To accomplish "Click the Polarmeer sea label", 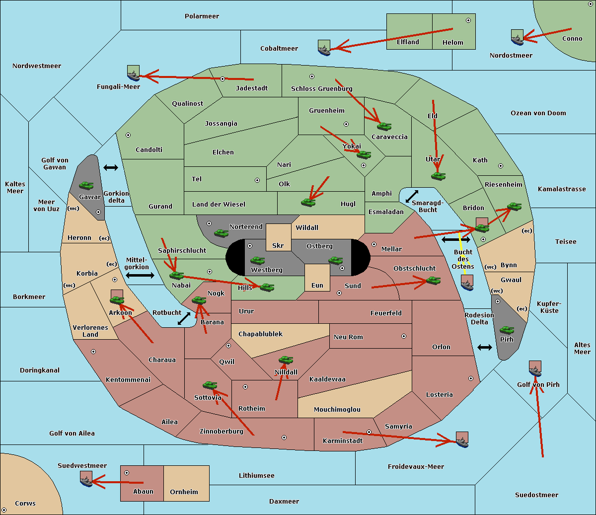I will (x=202, y=16).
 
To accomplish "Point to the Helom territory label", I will (x=452, y=43).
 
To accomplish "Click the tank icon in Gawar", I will (x=86, y=185).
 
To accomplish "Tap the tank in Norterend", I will (x=221, y=233).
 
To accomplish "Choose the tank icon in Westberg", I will (x=257, y=260).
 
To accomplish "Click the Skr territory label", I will (x=278, y=246).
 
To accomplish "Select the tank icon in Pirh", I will (x=507, y=330).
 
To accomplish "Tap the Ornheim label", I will (x=184, y=492).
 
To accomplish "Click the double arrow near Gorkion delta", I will (x=111, y=168).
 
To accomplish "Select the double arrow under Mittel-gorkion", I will (x=140, y=275).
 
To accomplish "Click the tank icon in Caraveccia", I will (x=384, y=126).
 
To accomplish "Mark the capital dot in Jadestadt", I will (x=223, y=79).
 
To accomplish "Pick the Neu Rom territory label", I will (x=348, y=337).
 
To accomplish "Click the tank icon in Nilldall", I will (x=286, y=360).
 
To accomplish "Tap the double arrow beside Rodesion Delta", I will (x=485, y=347).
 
